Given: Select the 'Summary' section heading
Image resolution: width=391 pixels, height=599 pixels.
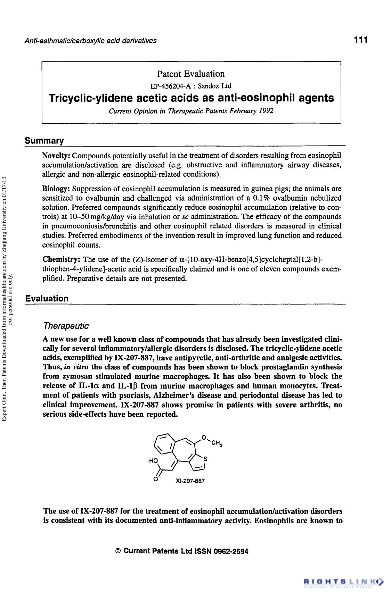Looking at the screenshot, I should click(44, 141).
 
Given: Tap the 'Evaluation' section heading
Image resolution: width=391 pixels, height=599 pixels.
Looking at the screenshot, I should click(47, 299).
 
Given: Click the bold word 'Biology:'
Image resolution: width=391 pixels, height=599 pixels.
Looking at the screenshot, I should click(56, 189).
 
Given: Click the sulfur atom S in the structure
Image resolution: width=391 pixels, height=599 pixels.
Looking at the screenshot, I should click(205, 459).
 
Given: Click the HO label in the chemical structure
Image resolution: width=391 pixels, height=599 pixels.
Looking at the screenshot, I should click(153, 460).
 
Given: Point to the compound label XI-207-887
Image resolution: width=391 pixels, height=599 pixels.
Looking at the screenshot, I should click(190, 481).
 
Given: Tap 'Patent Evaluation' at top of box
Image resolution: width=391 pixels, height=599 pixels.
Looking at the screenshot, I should click(191, 74).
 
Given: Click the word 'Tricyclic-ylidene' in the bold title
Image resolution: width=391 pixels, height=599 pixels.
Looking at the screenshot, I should click(91, 98).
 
